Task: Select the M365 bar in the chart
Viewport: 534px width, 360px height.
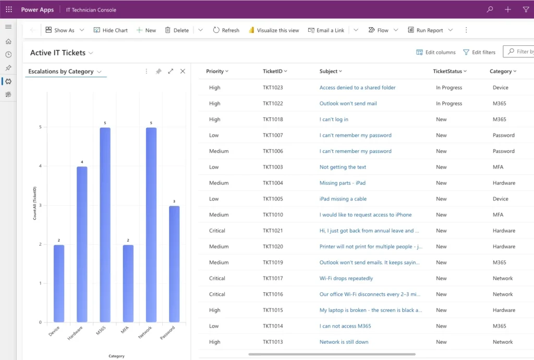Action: click(105, 225)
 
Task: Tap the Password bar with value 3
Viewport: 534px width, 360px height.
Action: click(174, 264)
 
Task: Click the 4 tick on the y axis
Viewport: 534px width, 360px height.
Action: click(40, 166)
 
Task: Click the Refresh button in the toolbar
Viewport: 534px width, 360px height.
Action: click(226, 30)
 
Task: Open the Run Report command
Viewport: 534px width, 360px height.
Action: click(425, 30)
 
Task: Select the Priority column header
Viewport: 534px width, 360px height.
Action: click(215, 71)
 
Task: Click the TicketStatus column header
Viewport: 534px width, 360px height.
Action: click(447, 71)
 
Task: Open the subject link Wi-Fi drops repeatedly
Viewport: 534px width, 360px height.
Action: click(346, 278)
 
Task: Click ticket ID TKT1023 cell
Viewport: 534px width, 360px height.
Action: click(273, 88)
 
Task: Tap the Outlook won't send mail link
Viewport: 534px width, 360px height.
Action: click(348, 103)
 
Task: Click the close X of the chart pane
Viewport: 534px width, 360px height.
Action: click(183, 71)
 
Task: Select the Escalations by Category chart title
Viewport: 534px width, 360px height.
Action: click(61, 71)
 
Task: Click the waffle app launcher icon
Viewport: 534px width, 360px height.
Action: click(9, 9)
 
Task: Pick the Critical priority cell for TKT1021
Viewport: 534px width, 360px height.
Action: click(217, 231)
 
